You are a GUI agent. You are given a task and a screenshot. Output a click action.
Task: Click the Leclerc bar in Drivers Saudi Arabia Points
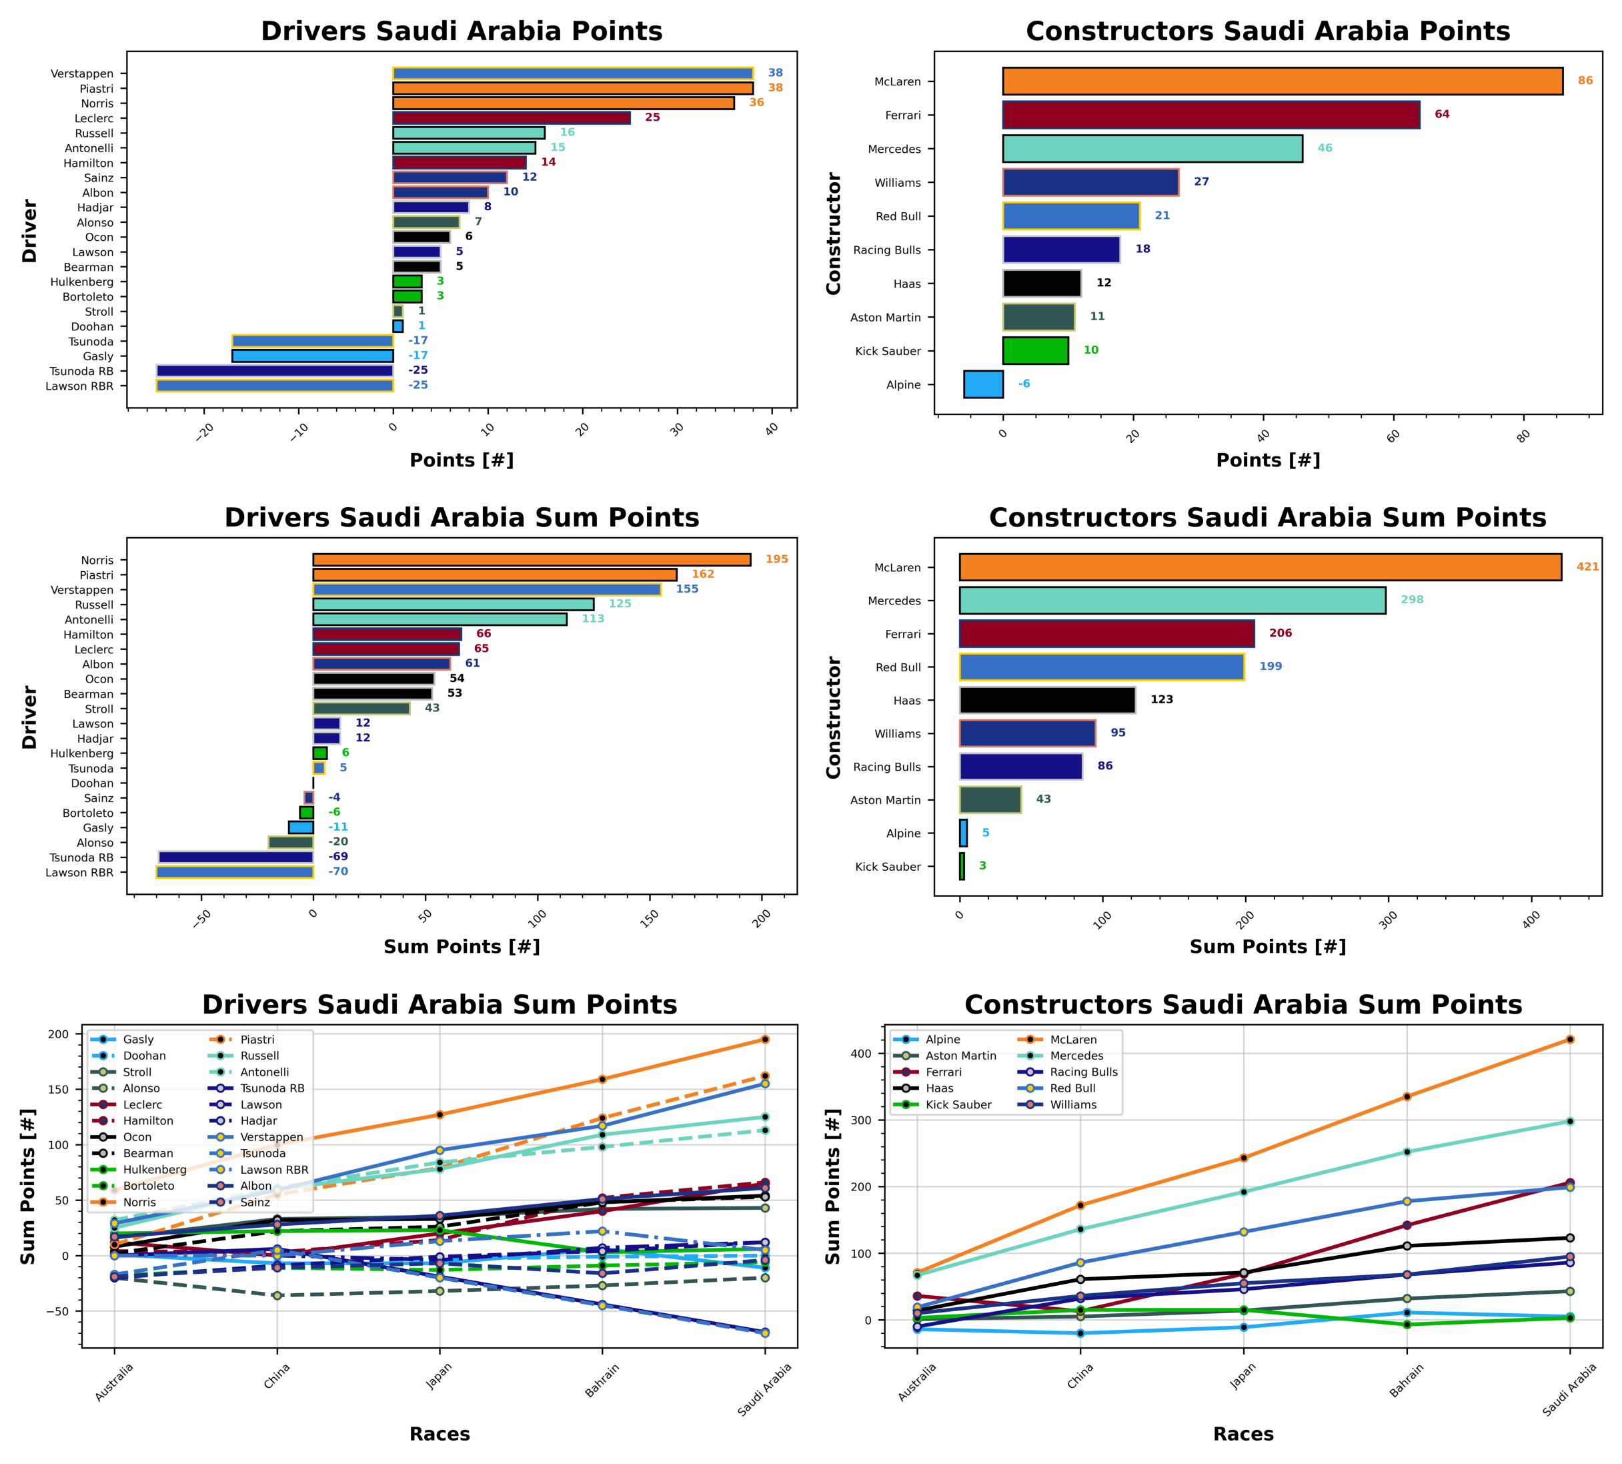pos(511,118)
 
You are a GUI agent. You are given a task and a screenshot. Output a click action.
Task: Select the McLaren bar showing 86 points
pos(1282,81)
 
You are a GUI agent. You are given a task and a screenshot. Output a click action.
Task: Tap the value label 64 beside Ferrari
pos(1442,114)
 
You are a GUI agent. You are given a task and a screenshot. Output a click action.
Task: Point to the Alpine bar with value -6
pos(982,384)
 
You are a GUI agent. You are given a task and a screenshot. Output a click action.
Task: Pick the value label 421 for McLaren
pos(1587,567)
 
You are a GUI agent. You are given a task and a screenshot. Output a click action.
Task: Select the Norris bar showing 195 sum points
pos(532,560)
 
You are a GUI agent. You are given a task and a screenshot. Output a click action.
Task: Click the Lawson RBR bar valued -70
pos(235,873)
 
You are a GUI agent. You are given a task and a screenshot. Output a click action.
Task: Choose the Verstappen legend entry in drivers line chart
pos(271,1138)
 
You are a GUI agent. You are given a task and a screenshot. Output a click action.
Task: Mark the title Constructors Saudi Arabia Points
pos(1267,31)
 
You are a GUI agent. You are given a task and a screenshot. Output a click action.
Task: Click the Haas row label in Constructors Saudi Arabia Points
pos(906,284)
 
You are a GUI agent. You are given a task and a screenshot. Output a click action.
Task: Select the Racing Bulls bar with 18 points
pos(1060,250)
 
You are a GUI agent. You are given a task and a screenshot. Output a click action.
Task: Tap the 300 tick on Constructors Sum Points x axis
pos(1388,921)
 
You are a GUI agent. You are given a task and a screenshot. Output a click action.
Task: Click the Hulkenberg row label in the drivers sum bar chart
pos(82,754)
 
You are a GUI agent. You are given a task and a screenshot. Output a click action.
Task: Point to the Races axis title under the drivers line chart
pos(439,1434)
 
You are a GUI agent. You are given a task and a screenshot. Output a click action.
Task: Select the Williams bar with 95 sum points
pos(1027,733)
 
